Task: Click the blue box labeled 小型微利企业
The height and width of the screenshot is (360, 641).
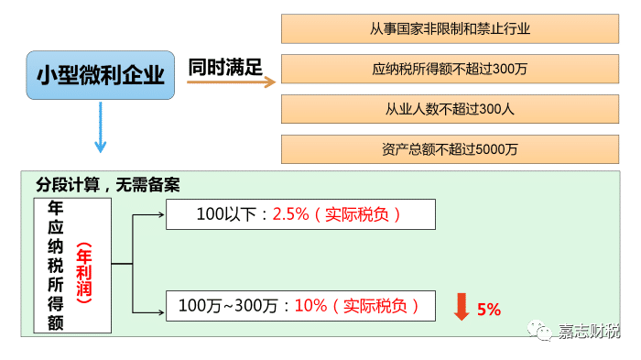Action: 101,76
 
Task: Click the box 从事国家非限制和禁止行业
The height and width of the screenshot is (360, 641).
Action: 451,28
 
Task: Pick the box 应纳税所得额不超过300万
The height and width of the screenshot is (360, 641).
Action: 451,69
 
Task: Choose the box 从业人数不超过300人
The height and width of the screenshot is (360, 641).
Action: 451,109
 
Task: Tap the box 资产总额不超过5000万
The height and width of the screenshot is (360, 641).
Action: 451,149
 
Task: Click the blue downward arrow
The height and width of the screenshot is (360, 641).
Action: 100,128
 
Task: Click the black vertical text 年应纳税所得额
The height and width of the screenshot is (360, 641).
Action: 57,266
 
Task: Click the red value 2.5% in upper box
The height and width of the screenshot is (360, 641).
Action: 291,215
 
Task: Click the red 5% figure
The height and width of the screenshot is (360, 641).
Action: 490,310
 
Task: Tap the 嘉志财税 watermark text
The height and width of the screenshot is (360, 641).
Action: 590,331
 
